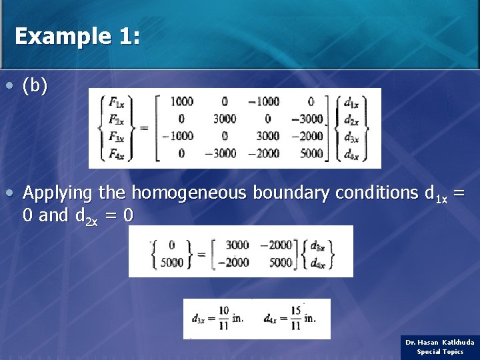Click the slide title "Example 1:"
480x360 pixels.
tap(77, 36)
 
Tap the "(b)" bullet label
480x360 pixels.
tap(35, 87)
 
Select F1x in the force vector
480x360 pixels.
tap(115, 103)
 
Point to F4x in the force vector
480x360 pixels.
tap(115, 153)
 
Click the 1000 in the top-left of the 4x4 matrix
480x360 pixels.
tap(181, 102)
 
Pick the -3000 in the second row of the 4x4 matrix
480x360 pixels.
tap(308, 119)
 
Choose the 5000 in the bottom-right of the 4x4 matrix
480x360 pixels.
tap(311, 153)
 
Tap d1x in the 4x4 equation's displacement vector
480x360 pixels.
tap(351, 103)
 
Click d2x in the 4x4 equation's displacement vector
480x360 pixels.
tap(351, 119)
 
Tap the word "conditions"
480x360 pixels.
tap(377, 193)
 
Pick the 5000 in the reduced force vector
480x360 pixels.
tap(172, 262)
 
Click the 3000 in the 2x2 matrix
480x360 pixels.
tap(237, 245)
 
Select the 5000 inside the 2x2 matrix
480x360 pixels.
tap(281, 262)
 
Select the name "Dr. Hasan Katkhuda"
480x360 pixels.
tap(440, 342)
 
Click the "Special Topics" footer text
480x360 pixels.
tap(440, 351)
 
